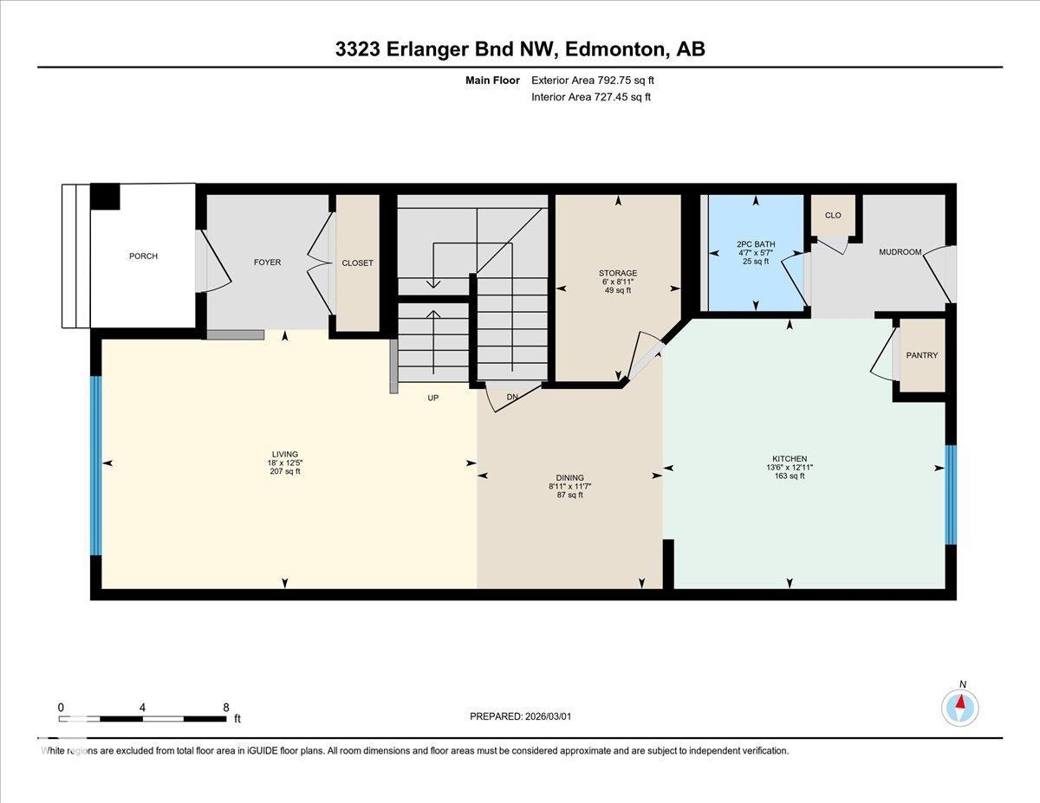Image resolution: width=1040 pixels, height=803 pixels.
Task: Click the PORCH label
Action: pos(143,256)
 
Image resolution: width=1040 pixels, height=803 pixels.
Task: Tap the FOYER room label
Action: pos(267,262)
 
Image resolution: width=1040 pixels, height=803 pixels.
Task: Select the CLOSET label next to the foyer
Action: pos(357,263)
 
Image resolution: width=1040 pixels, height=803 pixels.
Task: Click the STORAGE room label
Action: pos(617,274)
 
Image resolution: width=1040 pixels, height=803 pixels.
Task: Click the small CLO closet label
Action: pos(832,216)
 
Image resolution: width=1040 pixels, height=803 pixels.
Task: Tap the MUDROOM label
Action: pos(900,253)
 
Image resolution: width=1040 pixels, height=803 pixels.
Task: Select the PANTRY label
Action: pos(921,356)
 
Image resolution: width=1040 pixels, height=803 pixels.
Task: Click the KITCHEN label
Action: pos(790,459)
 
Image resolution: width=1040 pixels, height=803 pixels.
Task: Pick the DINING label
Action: pos(569,478)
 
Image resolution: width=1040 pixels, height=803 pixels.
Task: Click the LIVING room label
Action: pos(284,455)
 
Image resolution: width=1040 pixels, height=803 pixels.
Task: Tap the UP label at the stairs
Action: pos(433,398)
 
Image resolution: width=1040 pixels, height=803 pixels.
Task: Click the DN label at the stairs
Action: pos(512,397)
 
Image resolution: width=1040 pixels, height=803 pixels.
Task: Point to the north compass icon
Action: pos(960,707)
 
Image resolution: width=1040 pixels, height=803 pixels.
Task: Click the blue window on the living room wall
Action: pos(96,465)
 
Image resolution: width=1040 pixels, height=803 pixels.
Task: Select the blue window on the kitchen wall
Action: pos(950,495)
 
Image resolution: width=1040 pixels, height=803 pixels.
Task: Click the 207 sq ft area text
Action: pos(284,472)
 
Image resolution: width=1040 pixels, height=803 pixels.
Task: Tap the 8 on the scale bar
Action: pos(226,707)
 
